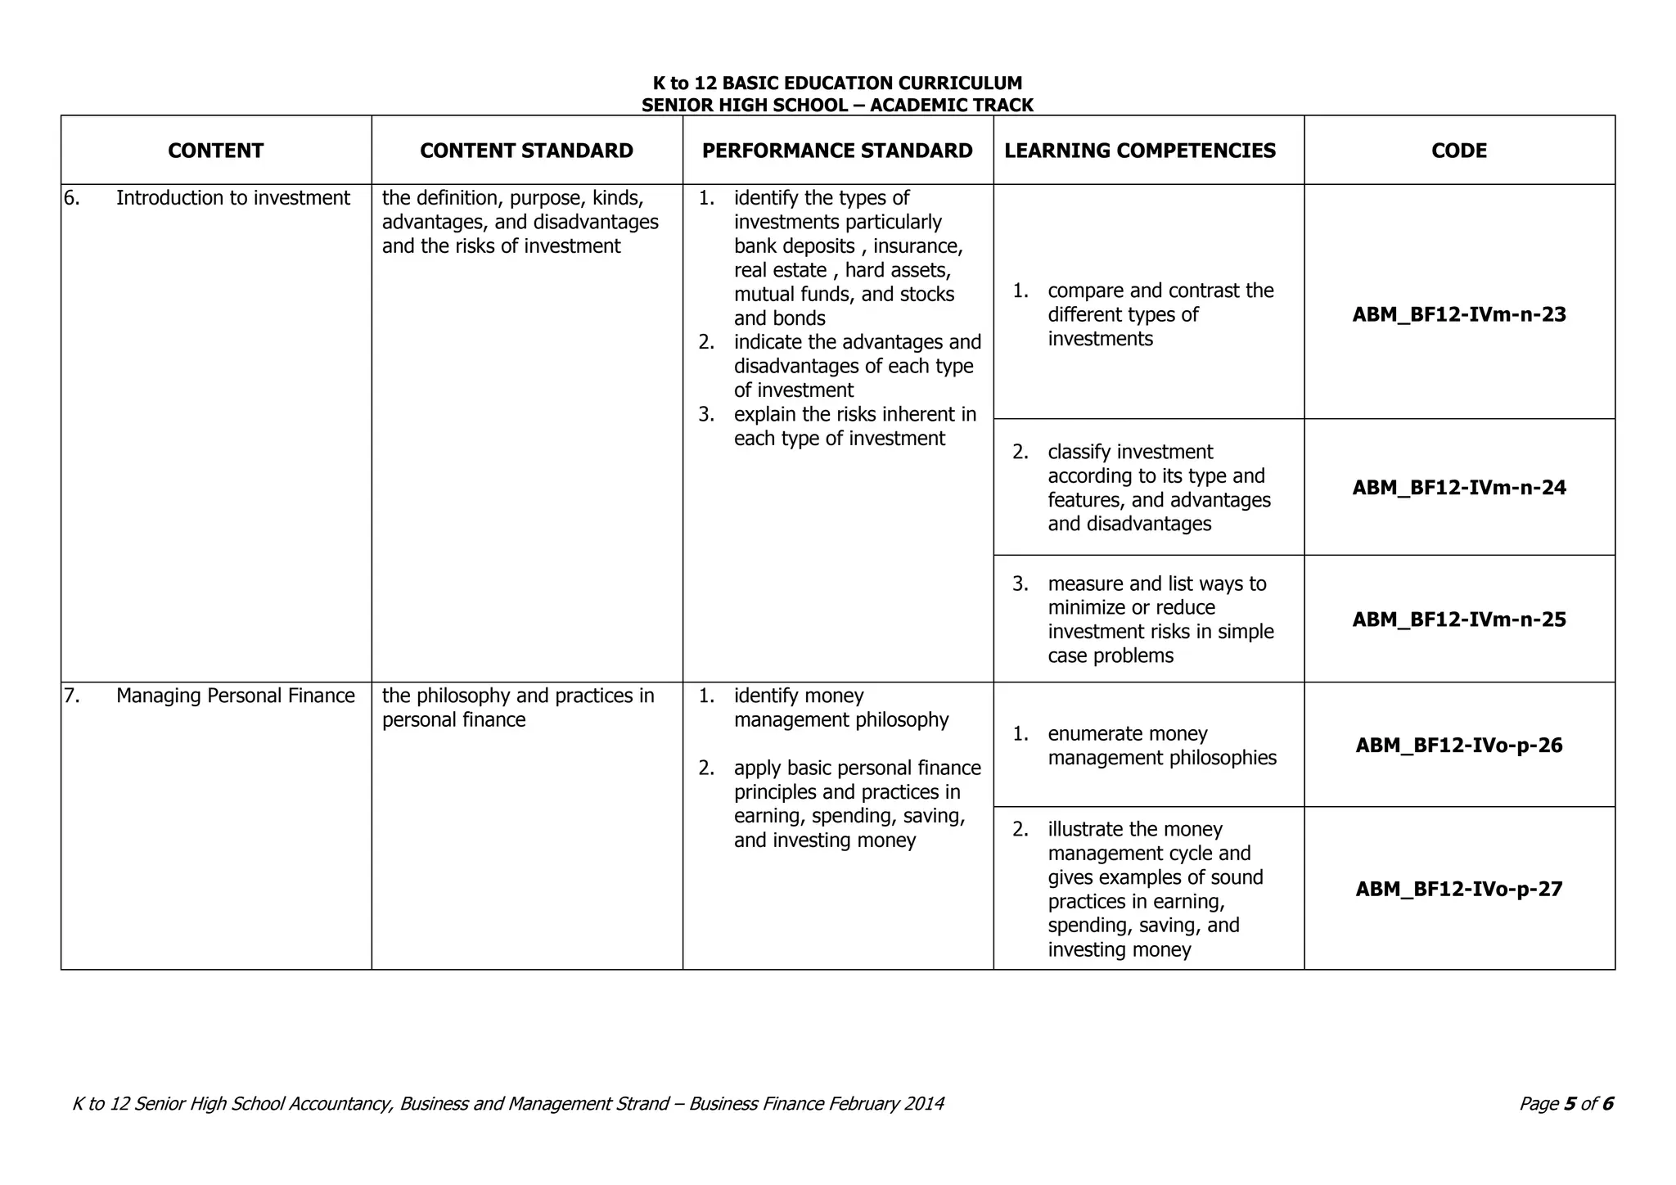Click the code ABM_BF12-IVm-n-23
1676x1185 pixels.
tap(1459, 315)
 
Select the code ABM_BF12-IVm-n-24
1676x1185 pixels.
tap(1459, 488)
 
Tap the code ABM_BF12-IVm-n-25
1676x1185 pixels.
tap(1459, 620)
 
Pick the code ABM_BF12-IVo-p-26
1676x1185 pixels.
tap(1459, 746)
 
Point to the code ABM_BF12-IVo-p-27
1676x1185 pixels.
tap(1459, 889)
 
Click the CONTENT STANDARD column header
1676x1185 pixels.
tap(526, 151)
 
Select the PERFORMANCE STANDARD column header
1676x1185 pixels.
tap(837, 151)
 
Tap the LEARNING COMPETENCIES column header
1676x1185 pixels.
tap(1140, 151)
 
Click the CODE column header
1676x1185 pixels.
tap(1459, 151)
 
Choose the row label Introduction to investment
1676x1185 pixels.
tap(232, 198)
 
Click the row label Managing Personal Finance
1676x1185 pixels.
tap(235, 696)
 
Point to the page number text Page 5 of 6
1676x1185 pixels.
tap(1566, 1104)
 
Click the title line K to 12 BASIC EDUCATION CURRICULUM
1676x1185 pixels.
tap(837, 83)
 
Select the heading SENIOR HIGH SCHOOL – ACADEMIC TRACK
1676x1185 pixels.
tap(837, 106)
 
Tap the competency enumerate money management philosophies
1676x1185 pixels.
tap(1161, 746)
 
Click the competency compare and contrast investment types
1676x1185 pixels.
tap(1160, 315)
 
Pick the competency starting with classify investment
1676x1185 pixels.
tap(1159, 488)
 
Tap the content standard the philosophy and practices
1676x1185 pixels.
tap(517, 708)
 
